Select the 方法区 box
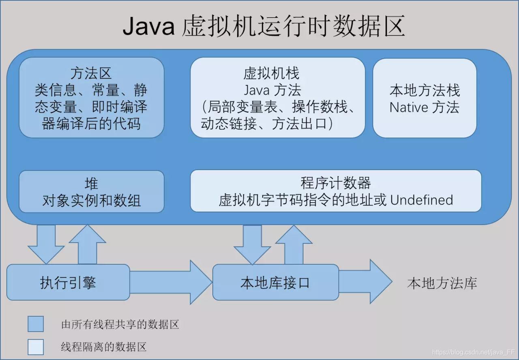click(x=91, y=98)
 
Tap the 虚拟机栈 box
click(x=277, y=98)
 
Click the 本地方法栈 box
click(x=425, y=98)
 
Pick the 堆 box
click(x=91, y=191)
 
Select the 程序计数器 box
click(x=336, y=191)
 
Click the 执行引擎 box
click(x=68, y=282)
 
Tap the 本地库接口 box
click(x=275, y=282)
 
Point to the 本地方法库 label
click(x=442, y=283)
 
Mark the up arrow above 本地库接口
click(x=294, y=245)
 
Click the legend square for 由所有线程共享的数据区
click(x=36, y=324)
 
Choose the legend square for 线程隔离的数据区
click(x=36, y=347)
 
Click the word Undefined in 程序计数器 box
click(x=422, y=200)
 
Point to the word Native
click(x=409, y=107)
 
